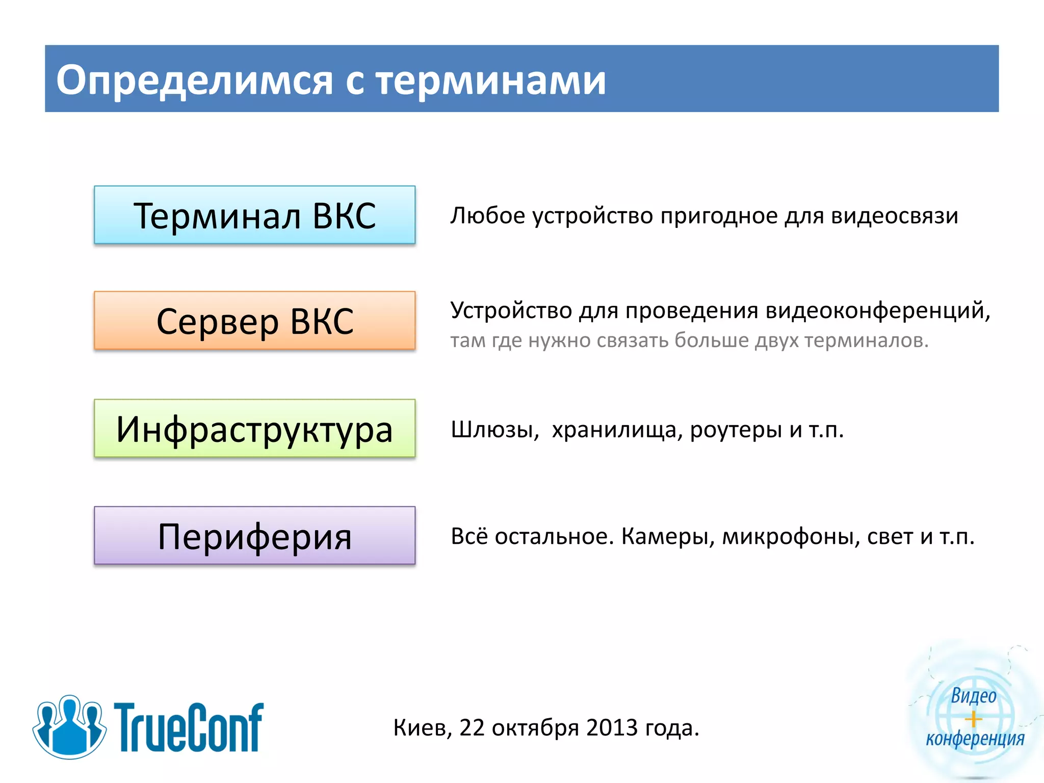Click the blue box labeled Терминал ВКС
pos(254,215)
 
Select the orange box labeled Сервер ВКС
pos(254,321)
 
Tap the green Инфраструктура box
pos(254,428)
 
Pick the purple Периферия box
pos(254,536)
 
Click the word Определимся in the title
pos(194,80)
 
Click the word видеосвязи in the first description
pos(894,216)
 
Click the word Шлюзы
pos(494,430)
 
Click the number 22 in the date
pos(472,728)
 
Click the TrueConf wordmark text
pos(188,727)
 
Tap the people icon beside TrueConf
pos(69,726)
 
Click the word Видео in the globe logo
pos(973,696)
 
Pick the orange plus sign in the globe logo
pos(973,719)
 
